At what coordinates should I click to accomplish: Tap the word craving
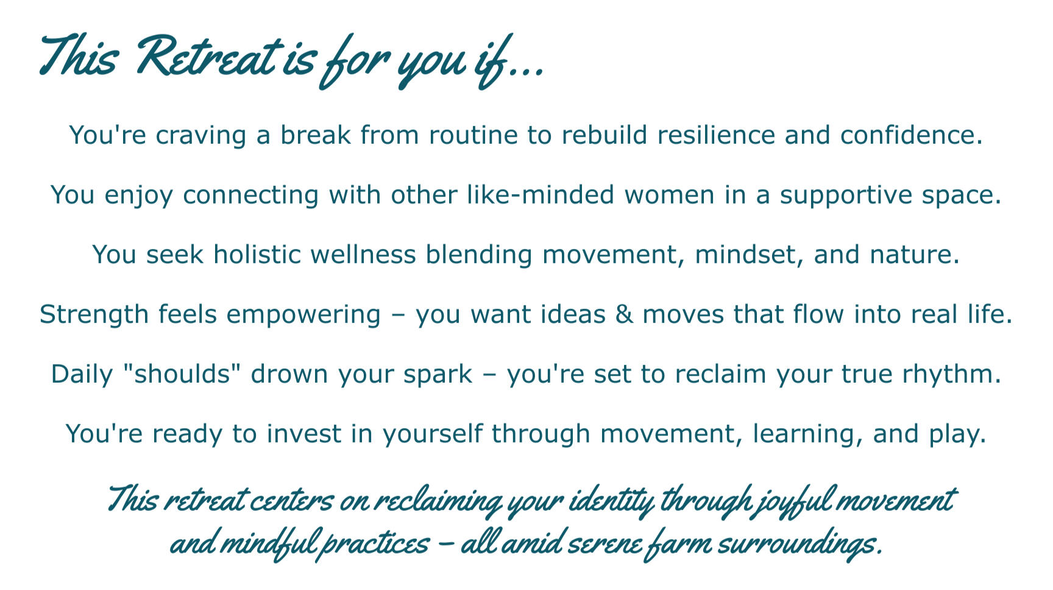(200, 135)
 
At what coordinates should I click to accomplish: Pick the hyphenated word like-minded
(541, 194)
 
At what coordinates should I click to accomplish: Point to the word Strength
(94, 315)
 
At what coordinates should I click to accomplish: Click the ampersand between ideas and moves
(624, 315)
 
